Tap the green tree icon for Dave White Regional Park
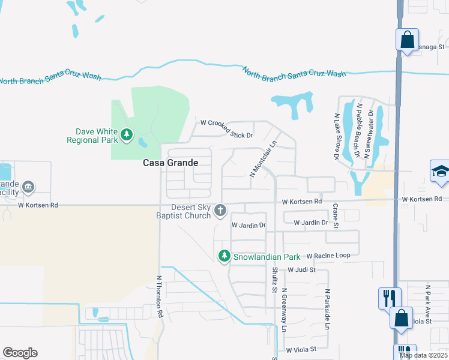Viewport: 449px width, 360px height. [x=126, y=135]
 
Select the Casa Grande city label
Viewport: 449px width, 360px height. [x=170, y=163]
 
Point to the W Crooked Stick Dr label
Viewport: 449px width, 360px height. [x=227, y=122]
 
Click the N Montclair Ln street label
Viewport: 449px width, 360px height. [x=262, y=159]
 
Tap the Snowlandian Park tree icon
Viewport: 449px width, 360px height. [x=224, y=256]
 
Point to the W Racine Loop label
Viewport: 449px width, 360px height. [x=328, y=256]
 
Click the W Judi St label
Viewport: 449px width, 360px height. [x=301, y=270]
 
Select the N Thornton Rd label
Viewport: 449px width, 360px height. [x=160, y=296]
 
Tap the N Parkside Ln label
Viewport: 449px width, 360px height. [x=328, y=309]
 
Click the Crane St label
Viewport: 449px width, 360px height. [x=336, y=216]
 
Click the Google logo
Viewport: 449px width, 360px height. [x=20, y=353]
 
